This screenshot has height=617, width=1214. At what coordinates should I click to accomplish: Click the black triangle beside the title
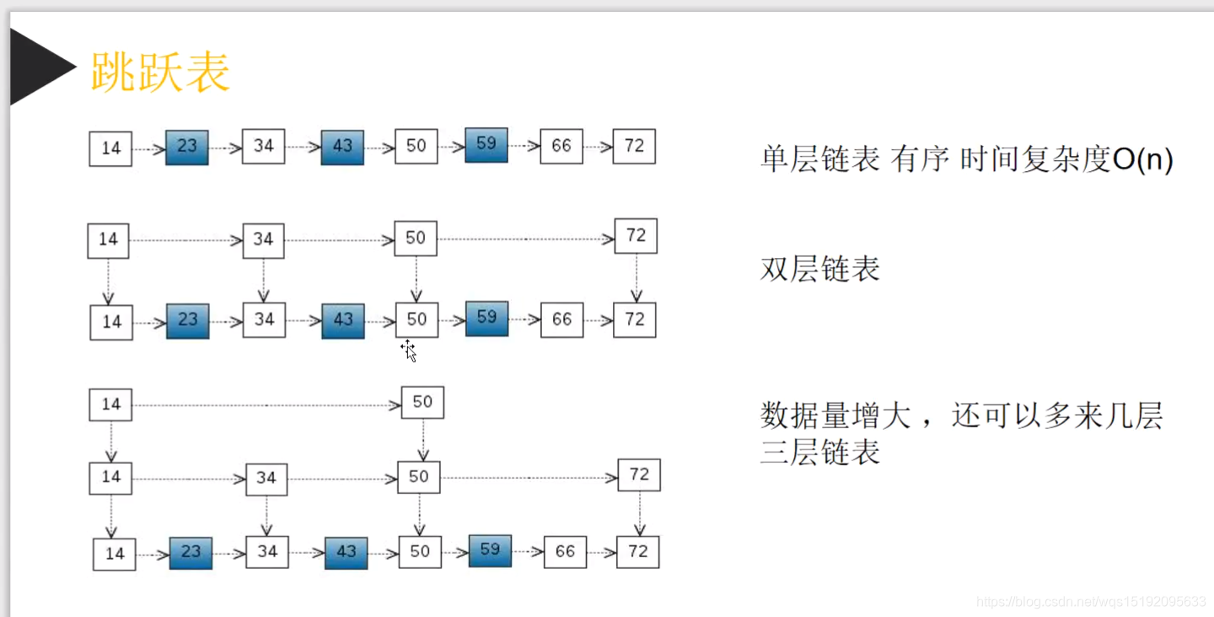[38, 67]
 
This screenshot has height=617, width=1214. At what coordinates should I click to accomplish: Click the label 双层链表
[819, 269]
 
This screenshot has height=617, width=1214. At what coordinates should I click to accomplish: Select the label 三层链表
[819, 453]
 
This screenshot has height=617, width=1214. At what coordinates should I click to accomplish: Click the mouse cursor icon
[409, 351]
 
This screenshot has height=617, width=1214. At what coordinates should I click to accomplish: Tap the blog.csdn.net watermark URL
[1091, 602]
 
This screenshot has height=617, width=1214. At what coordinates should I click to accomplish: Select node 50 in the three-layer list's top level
[422, 403]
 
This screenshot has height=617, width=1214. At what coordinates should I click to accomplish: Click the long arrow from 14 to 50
[266, 405]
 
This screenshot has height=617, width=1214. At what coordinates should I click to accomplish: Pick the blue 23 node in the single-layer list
[187, 147]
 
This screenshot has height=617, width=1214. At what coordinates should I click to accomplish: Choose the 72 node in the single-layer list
[634, 146]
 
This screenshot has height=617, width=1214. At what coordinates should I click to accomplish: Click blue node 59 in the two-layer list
[486, 318]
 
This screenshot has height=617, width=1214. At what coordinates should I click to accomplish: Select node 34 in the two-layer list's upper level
[263, 239]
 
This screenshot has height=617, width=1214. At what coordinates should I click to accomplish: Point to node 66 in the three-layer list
[565, 551]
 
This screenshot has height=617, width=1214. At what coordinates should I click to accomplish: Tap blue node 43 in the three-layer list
[346, 551]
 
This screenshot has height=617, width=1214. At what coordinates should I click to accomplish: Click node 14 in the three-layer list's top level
[110, 405]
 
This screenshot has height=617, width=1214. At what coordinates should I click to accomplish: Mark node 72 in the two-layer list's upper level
[636, 236]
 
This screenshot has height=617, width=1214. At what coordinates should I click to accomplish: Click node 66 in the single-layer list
[561, 146]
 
